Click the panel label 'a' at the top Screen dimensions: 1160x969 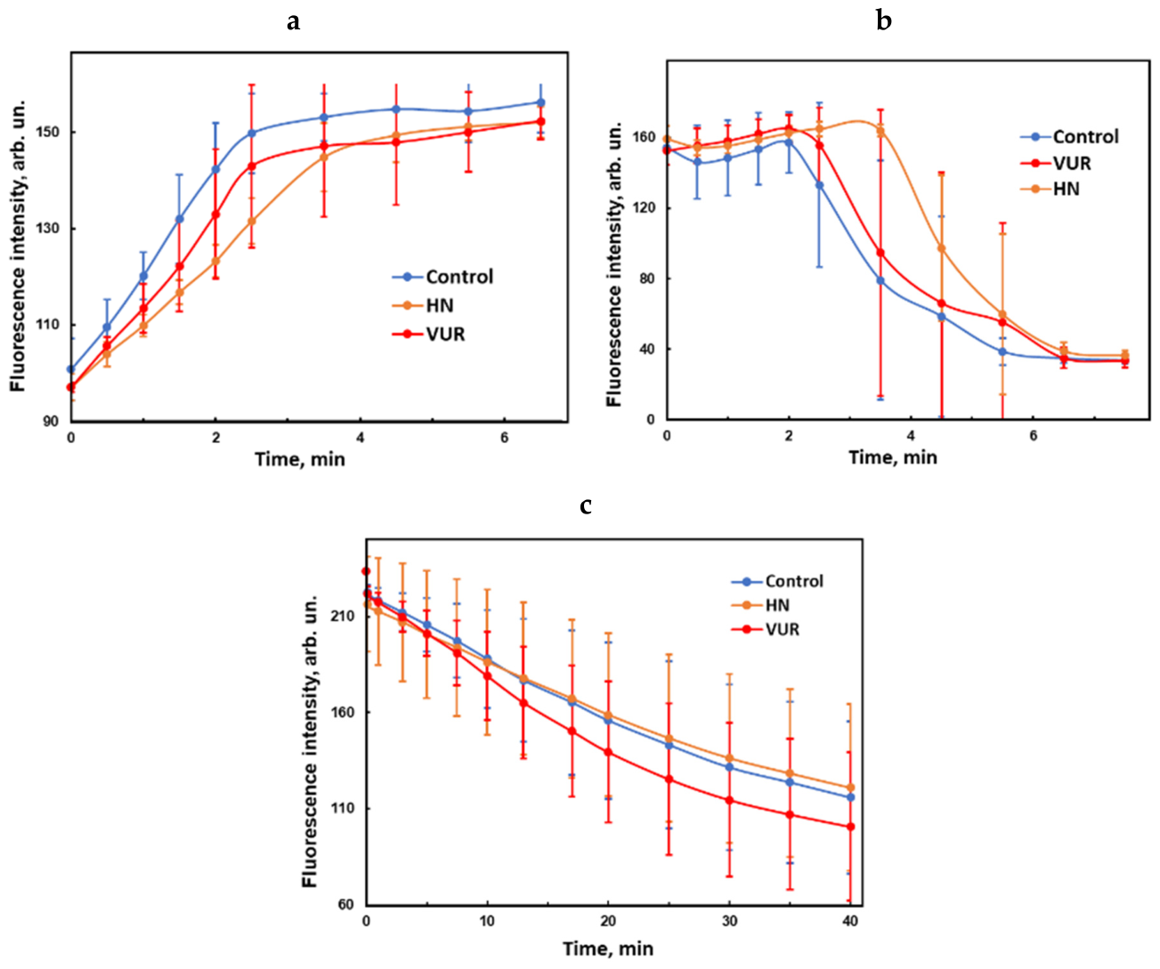(x=293, y=22)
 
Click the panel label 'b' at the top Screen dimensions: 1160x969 (x=883, y=20)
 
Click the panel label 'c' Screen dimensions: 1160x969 (x=586, y=506)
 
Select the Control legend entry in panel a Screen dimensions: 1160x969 (x=442, y=277)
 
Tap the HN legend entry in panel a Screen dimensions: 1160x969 (x=423, y=305)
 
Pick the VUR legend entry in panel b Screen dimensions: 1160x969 (x=1056, y=163)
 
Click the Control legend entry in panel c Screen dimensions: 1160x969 (x=777, y=581)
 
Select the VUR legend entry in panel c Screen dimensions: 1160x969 (x=766, y=629)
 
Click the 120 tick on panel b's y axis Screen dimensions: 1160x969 (x=647, y=208)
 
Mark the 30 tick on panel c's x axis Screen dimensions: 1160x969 (x=729, y=921)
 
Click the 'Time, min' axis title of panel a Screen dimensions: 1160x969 (x=300, y=460)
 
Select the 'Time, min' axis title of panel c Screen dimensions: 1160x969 (x=608, y=949)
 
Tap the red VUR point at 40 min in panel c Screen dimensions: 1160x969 (x=850, y=827)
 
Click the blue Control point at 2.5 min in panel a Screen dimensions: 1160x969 (x=252, y=133)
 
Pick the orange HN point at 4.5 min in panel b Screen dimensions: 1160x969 (x=941, y=248)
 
